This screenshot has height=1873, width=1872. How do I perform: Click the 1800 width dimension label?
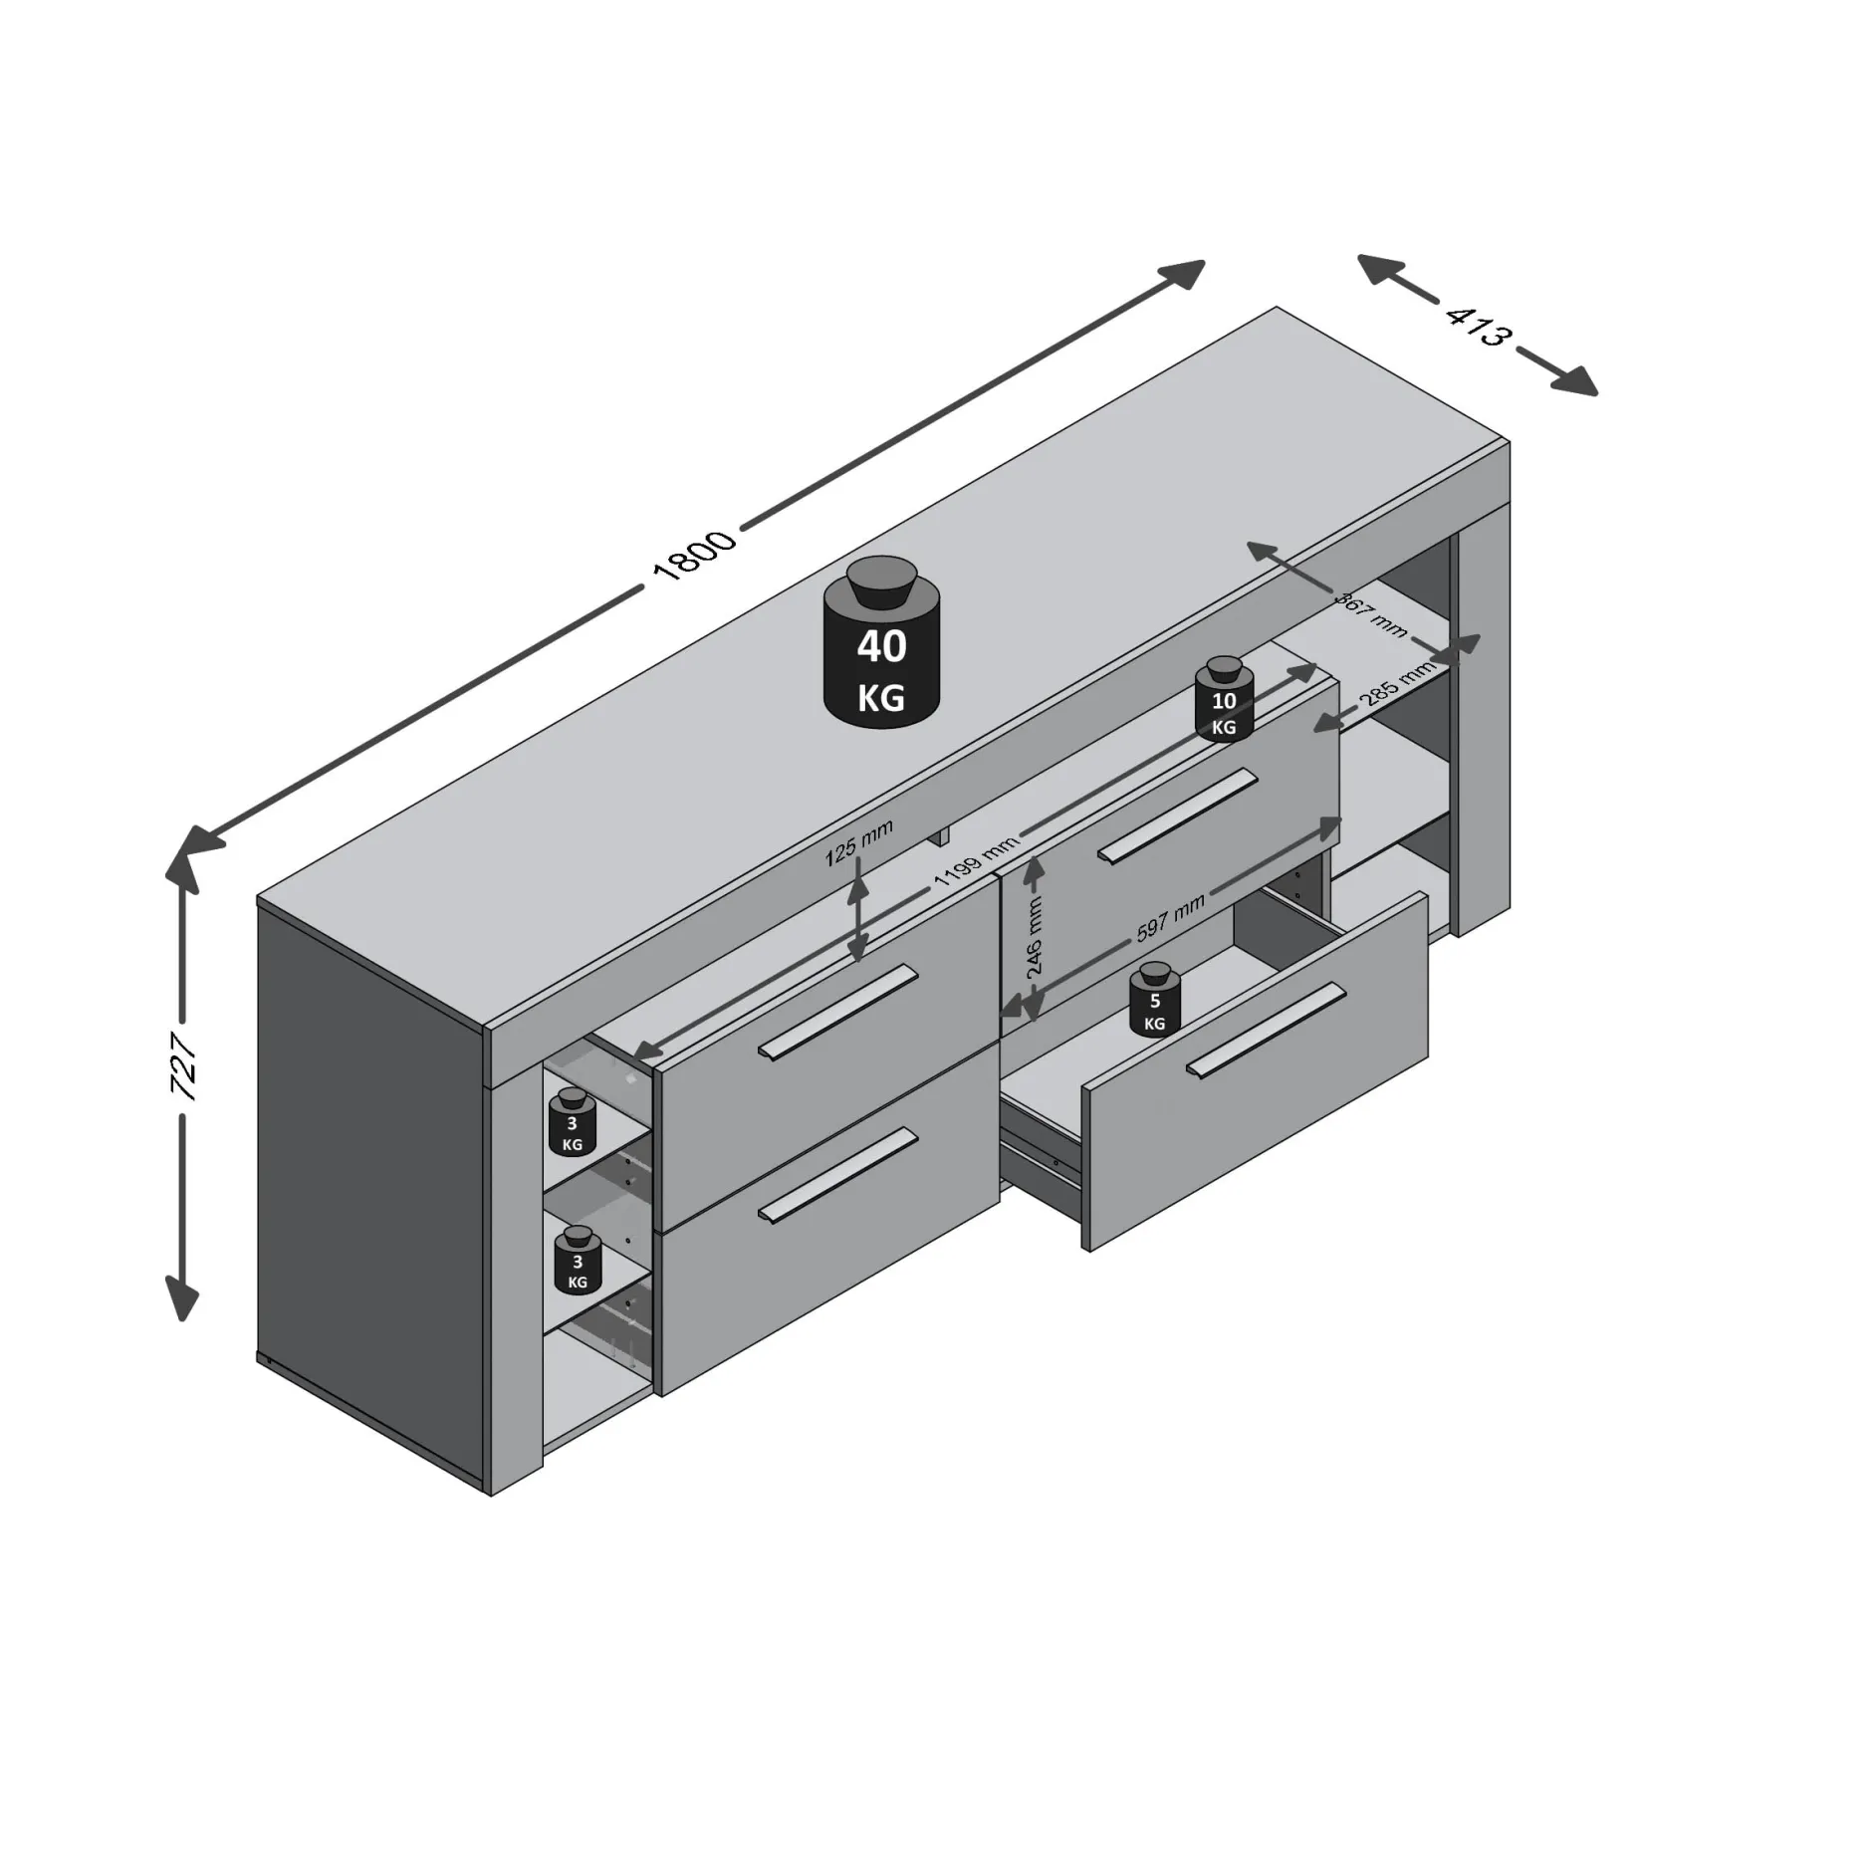tap(693, 556)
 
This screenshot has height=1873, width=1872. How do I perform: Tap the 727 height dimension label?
tap(184, 1064)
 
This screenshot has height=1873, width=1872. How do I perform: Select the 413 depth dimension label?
tap(1477, 327)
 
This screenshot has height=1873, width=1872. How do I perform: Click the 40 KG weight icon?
tap(882, 641)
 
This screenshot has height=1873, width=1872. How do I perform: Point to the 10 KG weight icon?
tap(1224, 699)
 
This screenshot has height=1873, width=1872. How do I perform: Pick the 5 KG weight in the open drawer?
tap(1155, 999)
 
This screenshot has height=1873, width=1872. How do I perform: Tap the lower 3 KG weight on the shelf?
tap(578, 1260)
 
